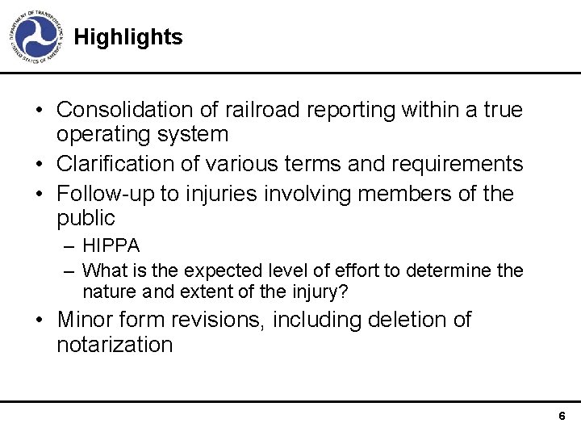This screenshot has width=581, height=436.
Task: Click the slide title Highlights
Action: [x=127, y=37]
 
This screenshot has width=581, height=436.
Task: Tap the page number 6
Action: [x=562, y=416]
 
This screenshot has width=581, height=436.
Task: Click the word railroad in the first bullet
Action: [x=265, y=109]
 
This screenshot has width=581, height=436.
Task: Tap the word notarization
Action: [x=115, y=346]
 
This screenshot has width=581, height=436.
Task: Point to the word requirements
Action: [x=457, y=164]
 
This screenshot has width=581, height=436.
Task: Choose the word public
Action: [x=86, y=219]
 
